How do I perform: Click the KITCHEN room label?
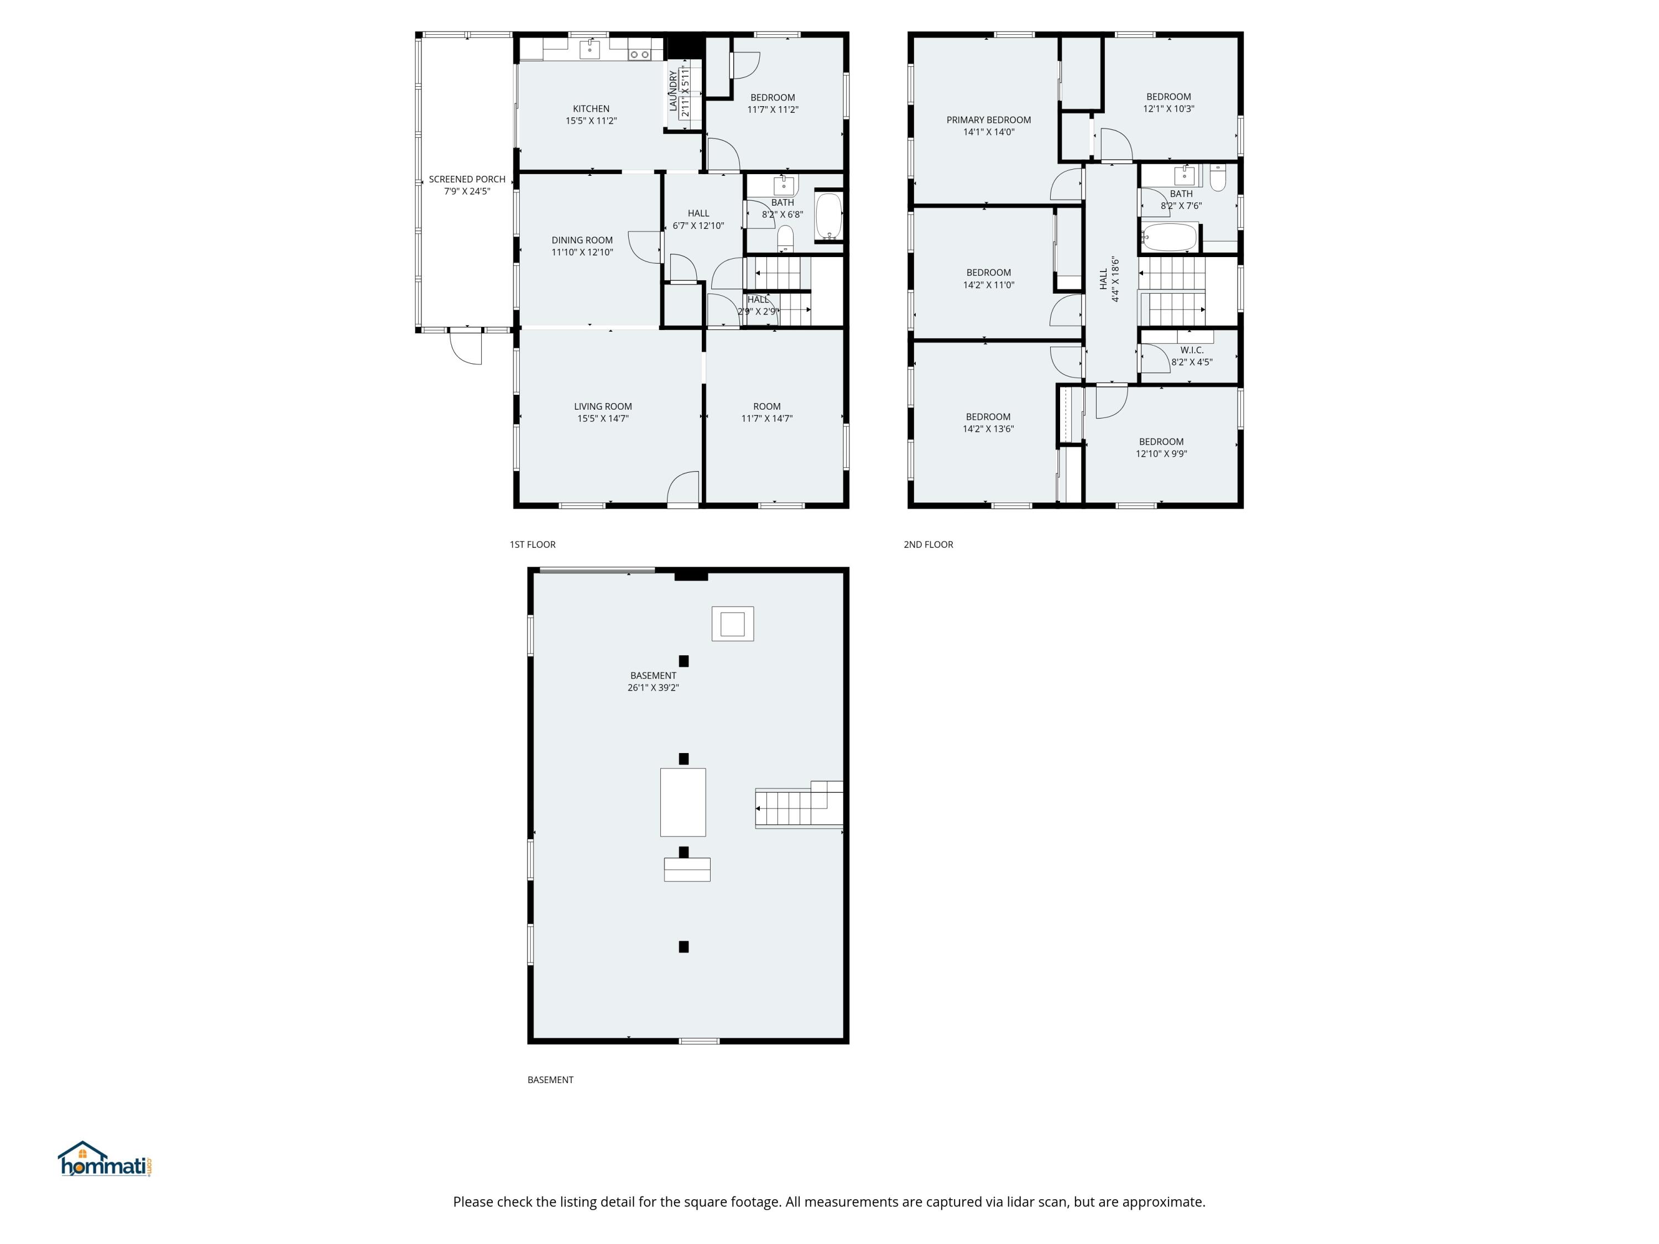pyautogui.click(x=591, y=109)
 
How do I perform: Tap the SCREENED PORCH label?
pyautogui.click(x=467, y=179)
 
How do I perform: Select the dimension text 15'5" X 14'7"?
pyautogui.click(x=603, y=419)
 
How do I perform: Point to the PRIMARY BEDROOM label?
pyautogui.click(x=989, y=120)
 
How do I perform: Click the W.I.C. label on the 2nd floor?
pyautogui.click(x=1192, y=350)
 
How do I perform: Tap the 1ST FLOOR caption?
pyautogui.click(x=533, y=545)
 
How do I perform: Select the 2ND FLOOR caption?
pyautogui.click(x=928, y=545)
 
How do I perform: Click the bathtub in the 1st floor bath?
pyautogui.click(x=829, y=217)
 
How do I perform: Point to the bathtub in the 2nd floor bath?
pyautogui.click(x=1170, y=238)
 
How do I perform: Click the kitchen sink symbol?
pyautogui.click(x=590, y=50)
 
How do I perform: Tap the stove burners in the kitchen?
pyautogui.click(x=640, y=54)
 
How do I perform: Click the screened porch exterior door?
pyautogui.click(x=465, y=347)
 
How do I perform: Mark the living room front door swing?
pyautogui.click(x=684, y=488)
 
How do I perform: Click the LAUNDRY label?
pyautogui.click(x=673, y=91)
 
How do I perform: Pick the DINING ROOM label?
pyautogui.click(x=582, y=240)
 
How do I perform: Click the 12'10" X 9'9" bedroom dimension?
pyautogui.click(x=1161, y=454)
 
